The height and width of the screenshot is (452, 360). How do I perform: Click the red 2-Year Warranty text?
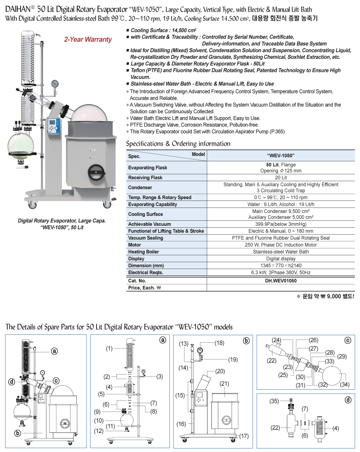coord(88,39)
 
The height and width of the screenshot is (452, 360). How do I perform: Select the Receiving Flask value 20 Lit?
coord(281,178)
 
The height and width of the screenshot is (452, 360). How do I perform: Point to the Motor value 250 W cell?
coord(281,245)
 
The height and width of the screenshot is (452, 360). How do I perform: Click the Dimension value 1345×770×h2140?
coord(281,266)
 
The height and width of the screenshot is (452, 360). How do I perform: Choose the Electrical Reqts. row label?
coord(146,273)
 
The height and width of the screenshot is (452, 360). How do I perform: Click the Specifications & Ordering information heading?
coord(178,144)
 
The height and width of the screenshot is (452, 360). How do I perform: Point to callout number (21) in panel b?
coord(225,384)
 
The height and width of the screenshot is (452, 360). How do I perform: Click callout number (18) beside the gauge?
coord(219,343)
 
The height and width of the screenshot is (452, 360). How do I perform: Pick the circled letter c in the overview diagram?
coord(56,380)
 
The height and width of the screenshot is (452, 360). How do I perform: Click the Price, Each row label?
coord(144,288)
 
